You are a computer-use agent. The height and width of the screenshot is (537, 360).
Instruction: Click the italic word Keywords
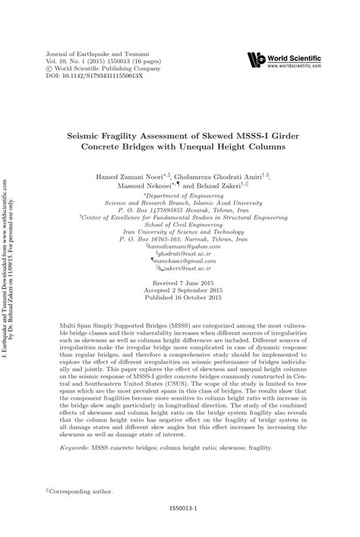pos(75,449)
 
